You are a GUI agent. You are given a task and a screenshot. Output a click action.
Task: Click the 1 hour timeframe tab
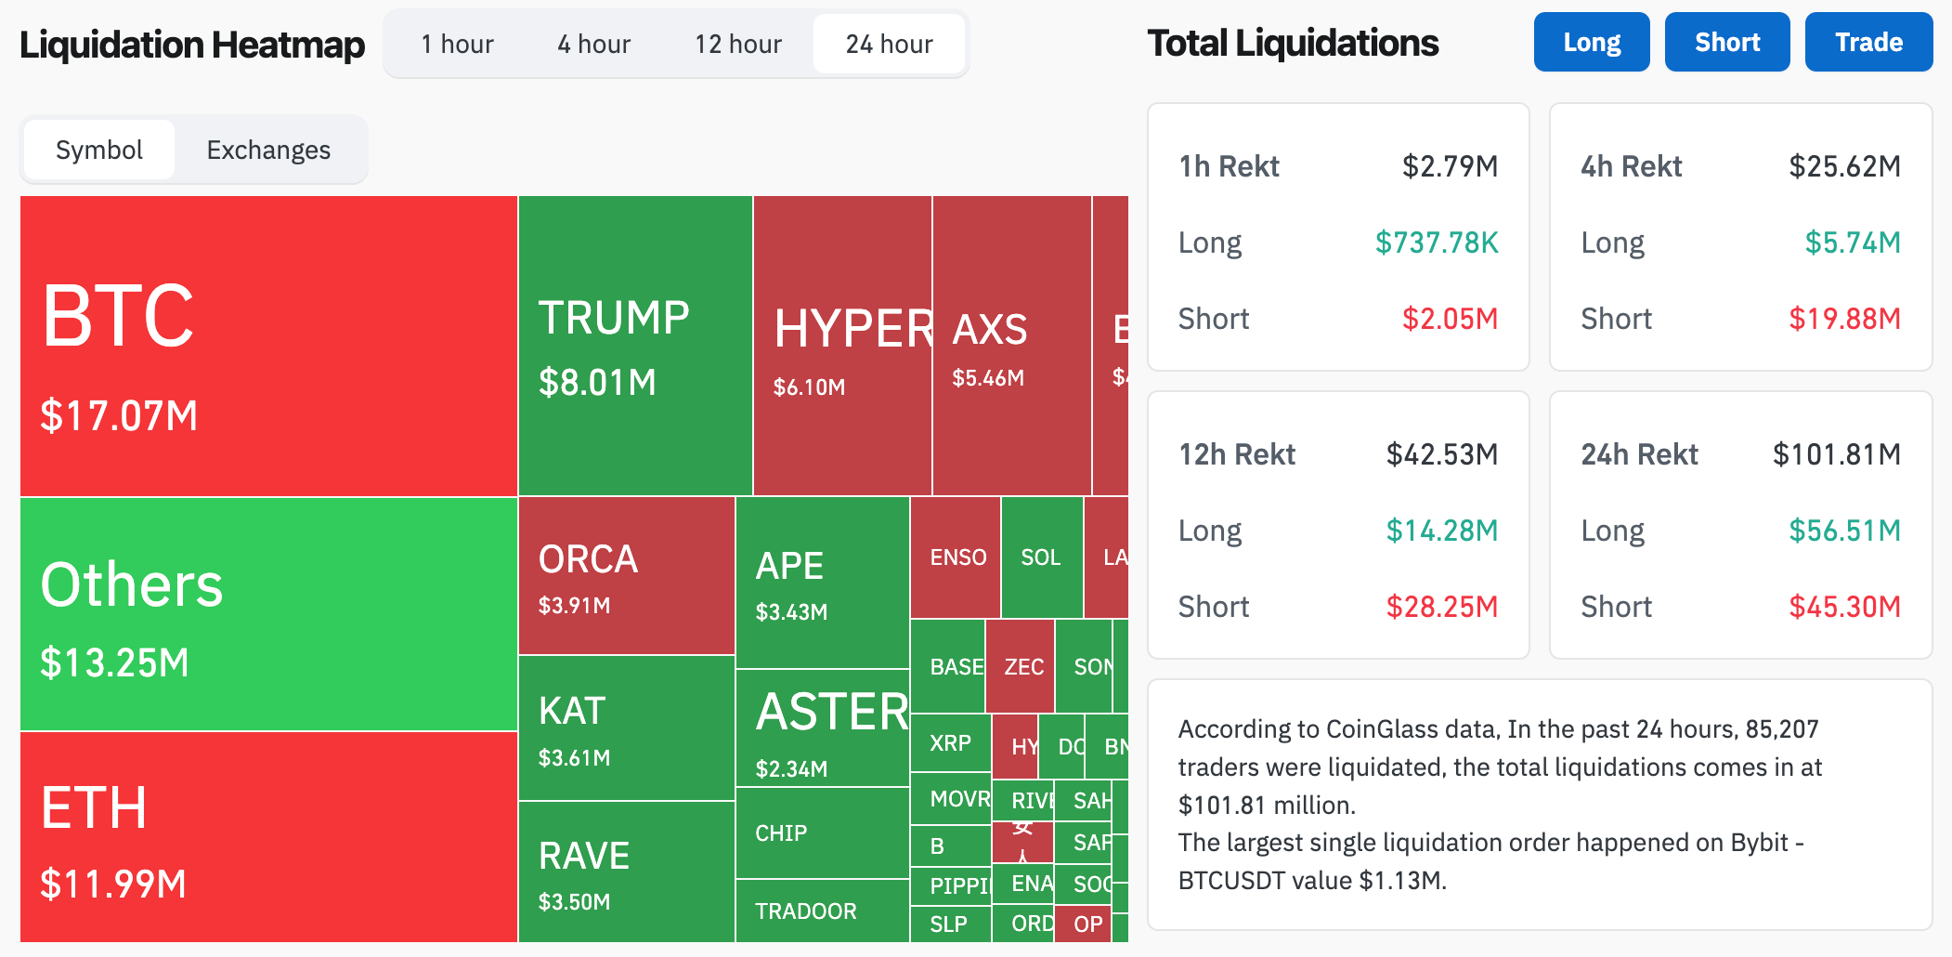coord(457,44)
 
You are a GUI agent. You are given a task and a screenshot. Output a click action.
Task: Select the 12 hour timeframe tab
coord(738,44)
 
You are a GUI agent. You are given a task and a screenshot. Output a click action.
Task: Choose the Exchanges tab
coord(268,150)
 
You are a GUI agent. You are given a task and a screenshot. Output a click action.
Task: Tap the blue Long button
coord(1592,42)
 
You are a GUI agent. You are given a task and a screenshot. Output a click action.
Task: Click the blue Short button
coord(1727,42)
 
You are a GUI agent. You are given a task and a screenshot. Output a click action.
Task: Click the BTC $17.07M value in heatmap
coord(119,415)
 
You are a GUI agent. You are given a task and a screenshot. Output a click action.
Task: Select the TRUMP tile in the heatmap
coord(635,345)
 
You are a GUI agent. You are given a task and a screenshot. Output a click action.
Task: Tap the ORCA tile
coord(626,576)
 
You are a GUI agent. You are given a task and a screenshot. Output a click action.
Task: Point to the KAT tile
coord(626,728)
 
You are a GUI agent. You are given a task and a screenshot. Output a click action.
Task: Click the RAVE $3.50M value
coord(575,901)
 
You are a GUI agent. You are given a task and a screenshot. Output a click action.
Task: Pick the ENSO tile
coord(957,557)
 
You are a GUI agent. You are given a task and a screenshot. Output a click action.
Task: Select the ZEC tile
coord(1023,667)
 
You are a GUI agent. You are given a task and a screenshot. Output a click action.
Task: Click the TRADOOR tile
coord(806,911)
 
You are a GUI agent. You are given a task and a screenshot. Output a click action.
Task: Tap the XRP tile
coord(951,743)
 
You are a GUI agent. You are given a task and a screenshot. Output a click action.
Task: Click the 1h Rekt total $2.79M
coord(1450,166)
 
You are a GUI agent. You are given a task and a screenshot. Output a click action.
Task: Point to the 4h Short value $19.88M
coord(1844,319)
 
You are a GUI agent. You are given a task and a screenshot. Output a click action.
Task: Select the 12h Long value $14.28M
coord(1441,531)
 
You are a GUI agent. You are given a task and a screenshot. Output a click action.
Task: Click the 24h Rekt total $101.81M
coord(1836,454)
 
